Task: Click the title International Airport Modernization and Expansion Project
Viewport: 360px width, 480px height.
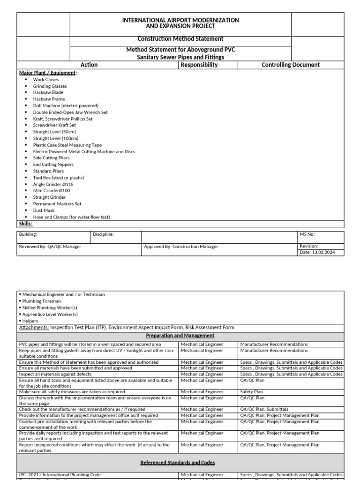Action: [x=180, y=23]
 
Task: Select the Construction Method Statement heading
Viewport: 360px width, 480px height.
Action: [x=180, y=39]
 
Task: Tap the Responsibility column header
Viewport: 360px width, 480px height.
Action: [x=199, y=65]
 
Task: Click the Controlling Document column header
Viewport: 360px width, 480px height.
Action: [x=290, y=65]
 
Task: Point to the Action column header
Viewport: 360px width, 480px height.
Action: [x=89, y=65]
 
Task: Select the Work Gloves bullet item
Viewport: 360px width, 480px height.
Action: [x=46, y=80]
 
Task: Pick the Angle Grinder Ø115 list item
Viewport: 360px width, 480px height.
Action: [x=52, y=184]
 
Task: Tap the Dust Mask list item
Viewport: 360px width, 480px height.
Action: [x=44, y=210]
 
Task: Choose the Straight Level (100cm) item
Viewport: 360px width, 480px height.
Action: [x=55, y=139]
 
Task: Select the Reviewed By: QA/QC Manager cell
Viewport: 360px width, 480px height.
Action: [x=50, y=247]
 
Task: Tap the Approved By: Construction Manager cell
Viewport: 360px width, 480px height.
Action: [x=181, y=247]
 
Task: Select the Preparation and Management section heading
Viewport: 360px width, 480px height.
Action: [x=180, y=336]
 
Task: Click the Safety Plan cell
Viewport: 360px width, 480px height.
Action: [x=251, y=392]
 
